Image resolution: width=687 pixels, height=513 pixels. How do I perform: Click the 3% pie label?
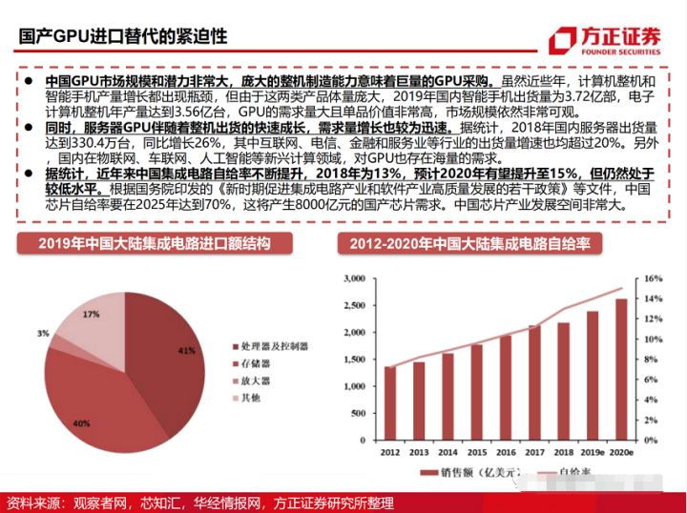tap(44, 334)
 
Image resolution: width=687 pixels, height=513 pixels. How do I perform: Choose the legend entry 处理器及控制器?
tap(271, 346)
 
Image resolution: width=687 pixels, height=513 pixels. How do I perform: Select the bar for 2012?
tap(390, 400)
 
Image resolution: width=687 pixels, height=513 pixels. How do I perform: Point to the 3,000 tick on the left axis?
tap(355, 278)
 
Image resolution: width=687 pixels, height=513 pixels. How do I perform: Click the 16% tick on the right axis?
tap(652, 278)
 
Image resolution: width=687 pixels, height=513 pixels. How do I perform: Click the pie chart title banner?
tap(154, 243)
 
